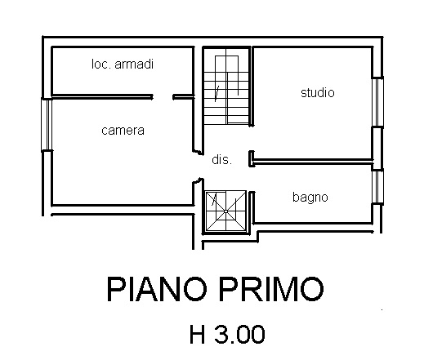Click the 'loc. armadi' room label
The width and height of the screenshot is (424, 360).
(123, 64)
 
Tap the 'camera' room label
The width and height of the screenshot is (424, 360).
(123, 131)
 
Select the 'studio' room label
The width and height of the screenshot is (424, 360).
(318, 93)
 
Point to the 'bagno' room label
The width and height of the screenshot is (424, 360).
(310, 198)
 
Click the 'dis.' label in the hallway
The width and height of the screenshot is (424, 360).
(222, 159)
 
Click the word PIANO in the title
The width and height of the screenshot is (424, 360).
(157, 289)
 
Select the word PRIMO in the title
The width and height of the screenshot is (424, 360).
(271, 289)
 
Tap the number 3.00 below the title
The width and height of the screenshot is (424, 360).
(239, 335)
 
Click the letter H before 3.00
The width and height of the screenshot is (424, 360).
(197, 335)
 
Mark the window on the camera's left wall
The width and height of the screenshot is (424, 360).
(47, 124)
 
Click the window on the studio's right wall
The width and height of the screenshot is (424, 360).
(377, 102)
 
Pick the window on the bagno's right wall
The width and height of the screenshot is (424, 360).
(378, 187)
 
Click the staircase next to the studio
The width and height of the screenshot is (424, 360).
(226, 87)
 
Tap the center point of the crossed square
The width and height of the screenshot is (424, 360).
(225, 211)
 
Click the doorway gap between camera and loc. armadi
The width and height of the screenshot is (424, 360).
(163, 96)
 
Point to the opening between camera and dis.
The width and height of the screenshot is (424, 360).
(199, 166)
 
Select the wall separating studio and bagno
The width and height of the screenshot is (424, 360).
(311, 162)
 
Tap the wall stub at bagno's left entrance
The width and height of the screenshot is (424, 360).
(252, 207)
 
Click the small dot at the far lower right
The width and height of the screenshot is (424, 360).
(382, 309)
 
